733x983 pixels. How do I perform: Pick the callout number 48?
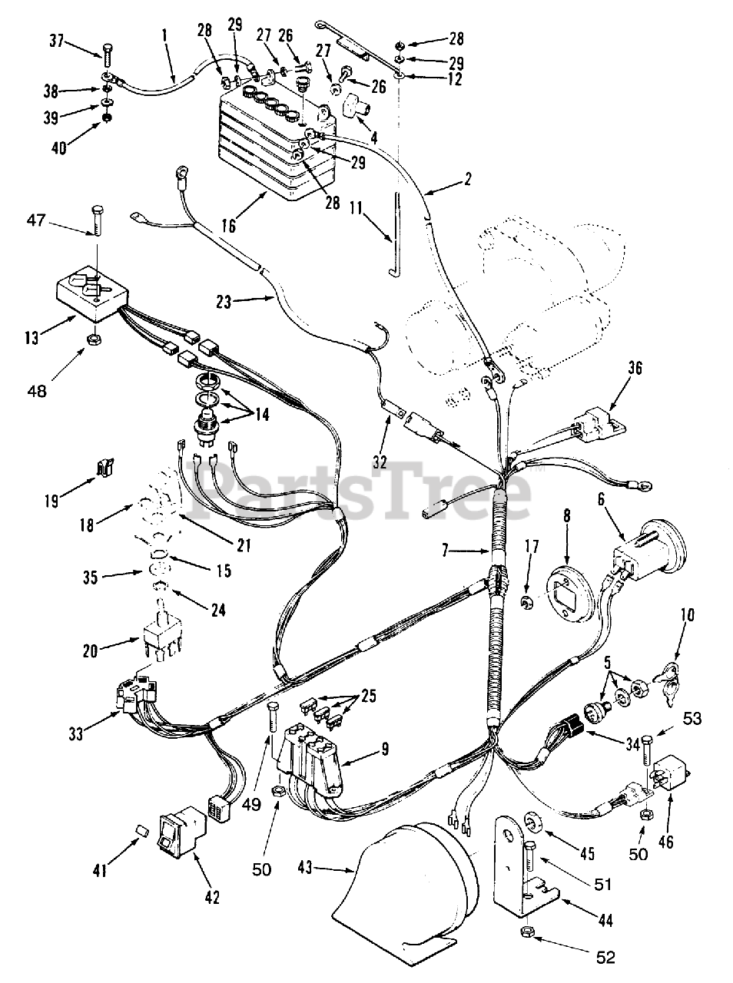coord(36,389)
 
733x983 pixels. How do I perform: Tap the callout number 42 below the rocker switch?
coord(211,895)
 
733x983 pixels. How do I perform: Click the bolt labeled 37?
coord(107,55)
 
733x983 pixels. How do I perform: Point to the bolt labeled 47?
coord(97,220)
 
